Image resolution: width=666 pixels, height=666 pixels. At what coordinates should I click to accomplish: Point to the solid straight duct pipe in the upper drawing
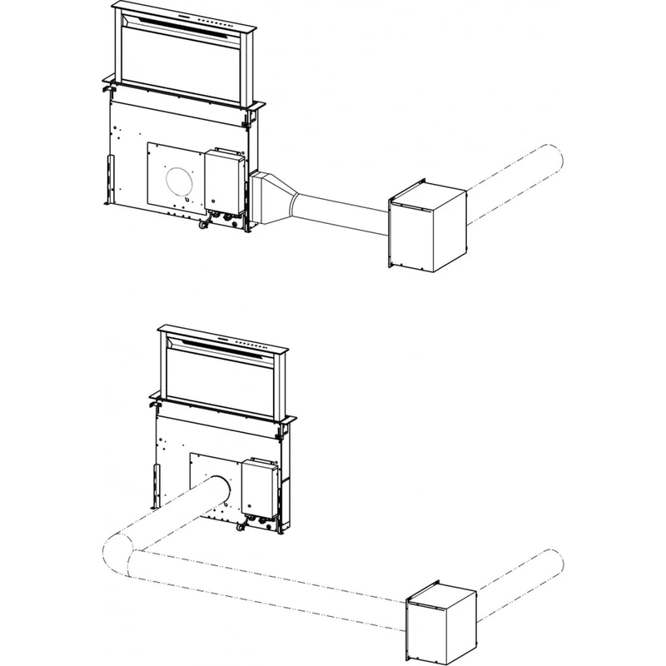(341, 208)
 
